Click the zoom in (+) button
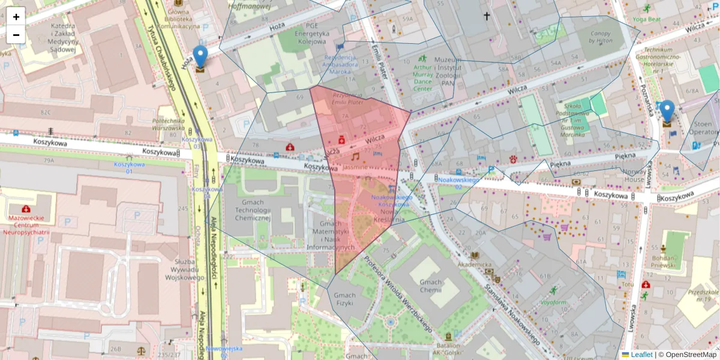[16, 17]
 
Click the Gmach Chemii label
[431, 287]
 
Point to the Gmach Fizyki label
[345, 299]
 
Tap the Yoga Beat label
[646, 19]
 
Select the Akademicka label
[474, 264]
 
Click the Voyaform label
[553, 302]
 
